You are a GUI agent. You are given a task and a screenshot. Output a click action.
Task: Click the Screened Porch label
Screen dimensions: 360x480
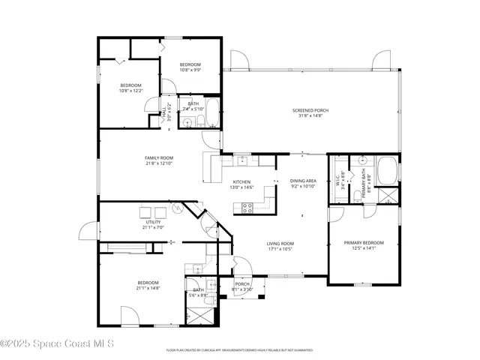310,110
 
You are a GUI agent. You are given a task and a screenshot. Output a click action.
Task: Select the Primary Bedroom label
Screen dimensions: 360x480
364,243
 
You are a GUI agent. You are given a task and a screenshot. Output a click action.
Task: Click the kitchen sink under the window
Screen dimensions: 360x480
243,160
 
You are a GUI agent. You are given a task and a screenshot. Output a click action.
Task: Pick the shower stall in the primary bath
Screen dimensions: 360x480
388,196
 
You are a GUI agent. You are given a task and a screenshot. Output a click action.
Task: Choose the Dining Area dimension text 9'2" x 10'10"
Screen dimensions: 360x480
304,186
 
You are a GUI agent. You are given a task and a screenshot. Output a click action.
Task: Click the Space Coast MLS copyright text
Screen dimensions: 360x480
57,344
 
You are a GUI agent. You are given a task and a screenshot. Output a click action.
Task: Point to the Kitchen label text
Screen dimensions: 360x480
241,182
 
